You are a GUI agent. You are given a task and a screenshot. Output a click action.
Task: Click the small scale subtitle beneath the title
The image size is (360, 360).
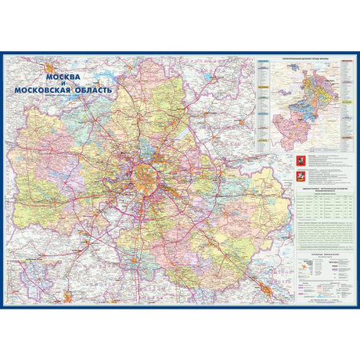tap(64, 99)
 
